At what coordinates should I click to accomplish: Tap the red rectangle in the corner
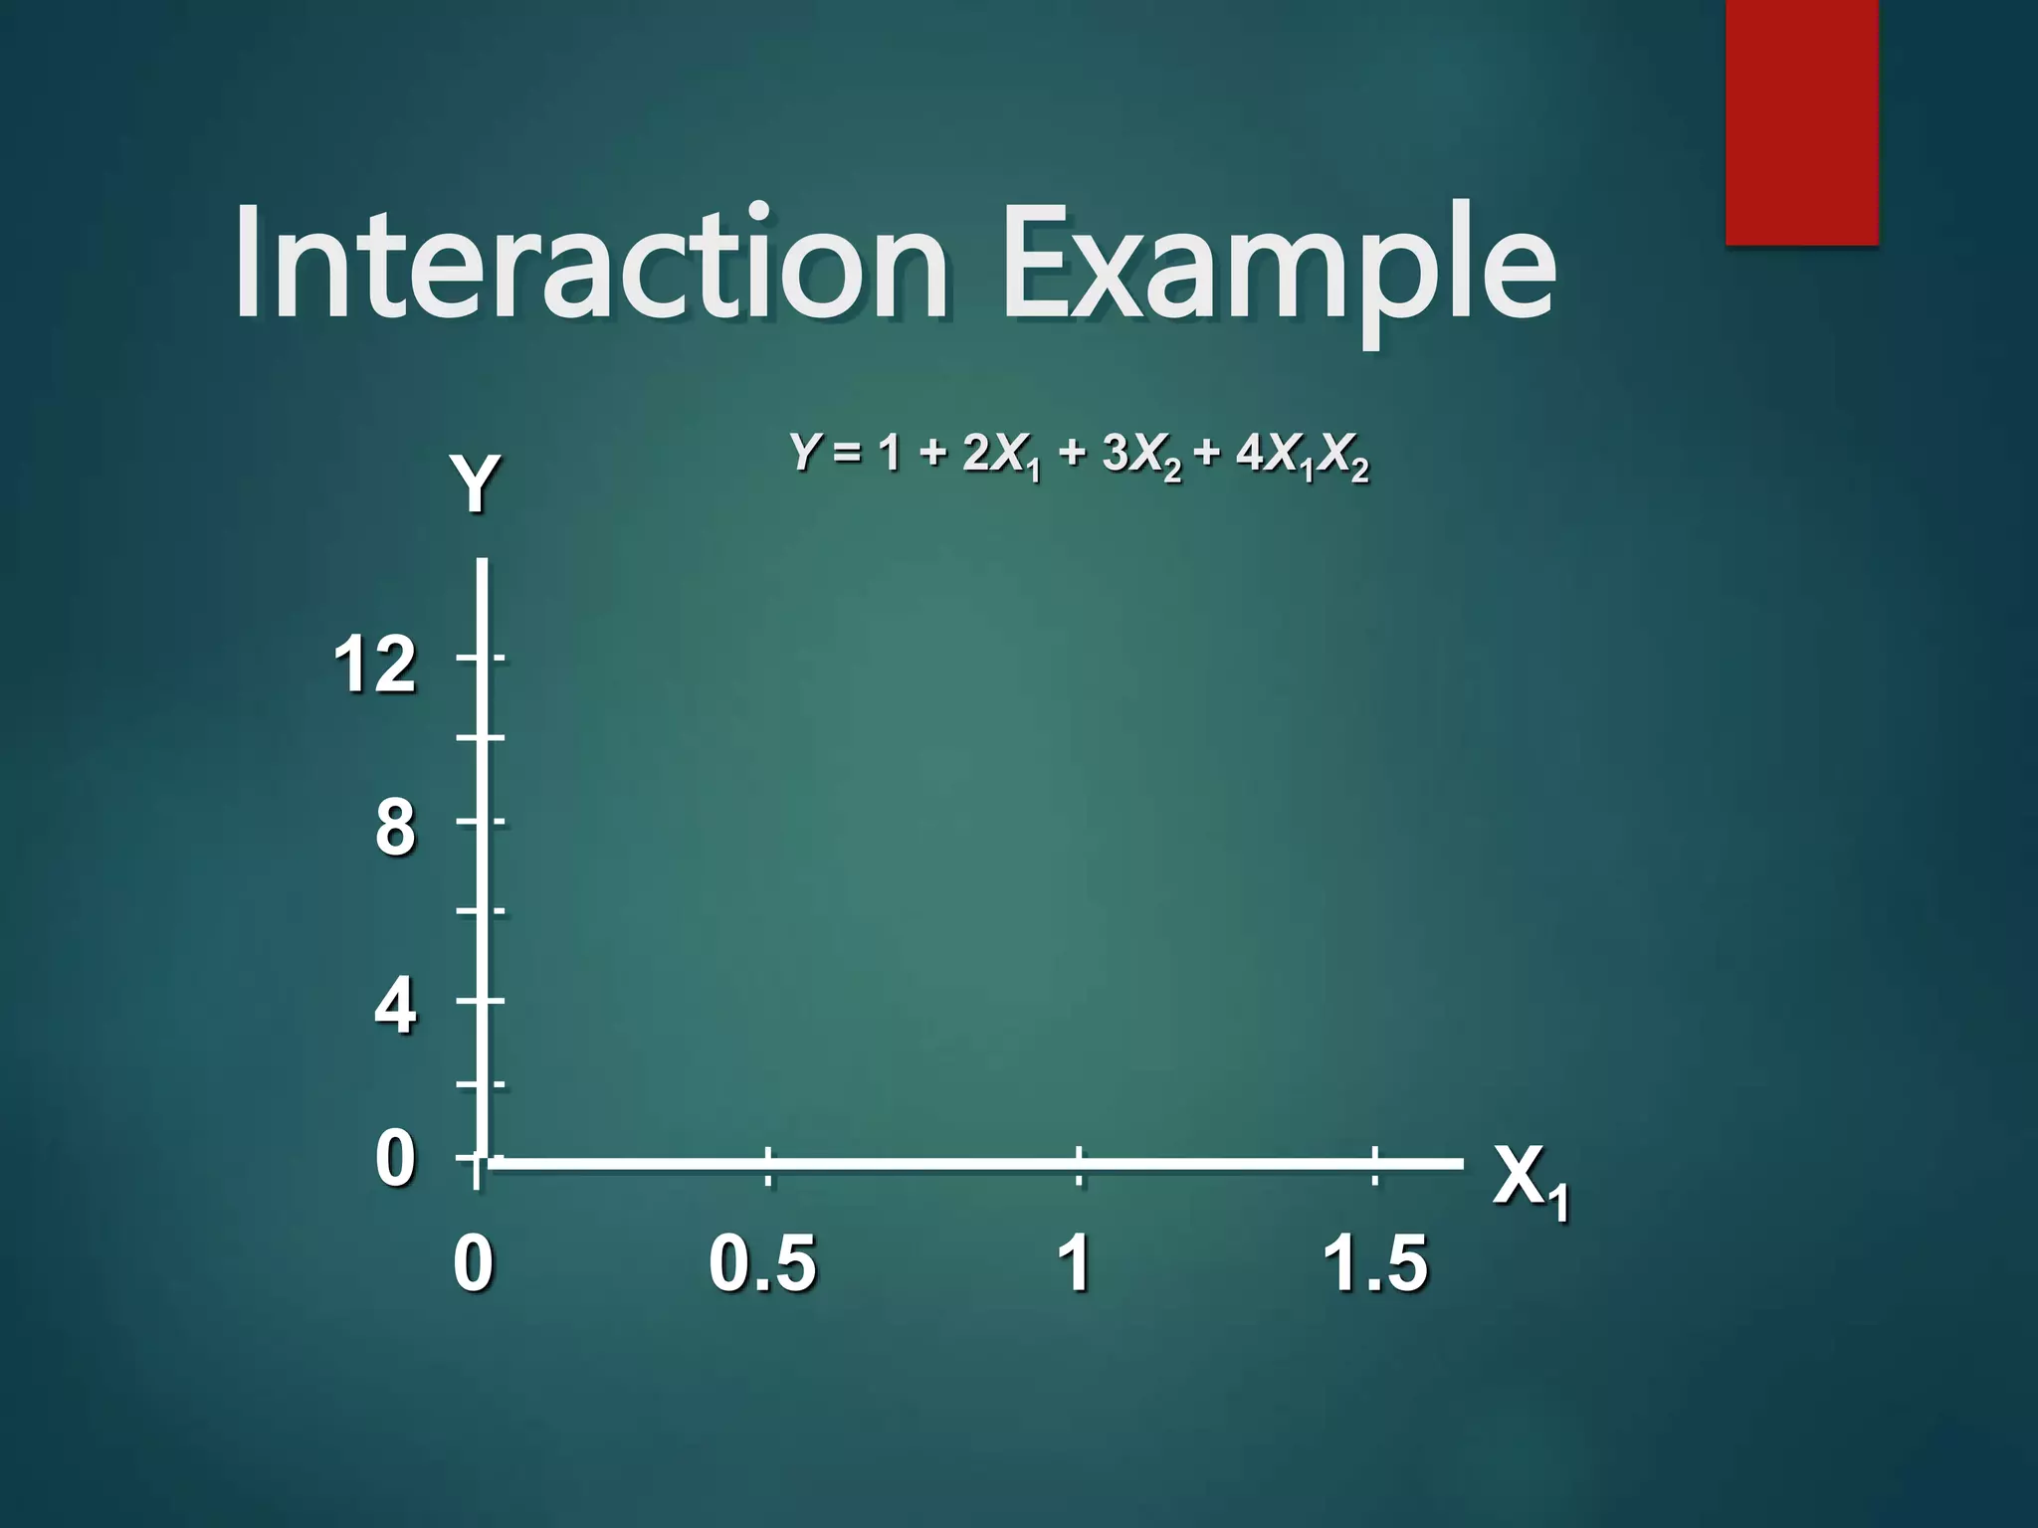click(1801, 121)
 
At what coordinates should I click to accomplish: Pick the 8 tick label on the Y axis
click(395, 828)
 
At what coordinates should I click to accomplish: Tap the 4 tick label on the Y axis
click(395, 1006)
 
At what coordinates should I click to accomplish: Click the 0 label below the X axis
click(473, 1263)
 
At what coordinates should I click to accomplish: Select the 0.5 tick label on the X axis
click(762, 1263)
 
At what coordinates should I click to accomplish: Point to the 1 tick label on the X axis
click(1075, 1263)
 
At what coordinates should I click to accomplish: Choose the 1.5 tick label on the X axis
click(1375, 1263)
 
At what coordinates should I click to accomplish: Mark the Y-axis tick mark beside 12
click(482, 658)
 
